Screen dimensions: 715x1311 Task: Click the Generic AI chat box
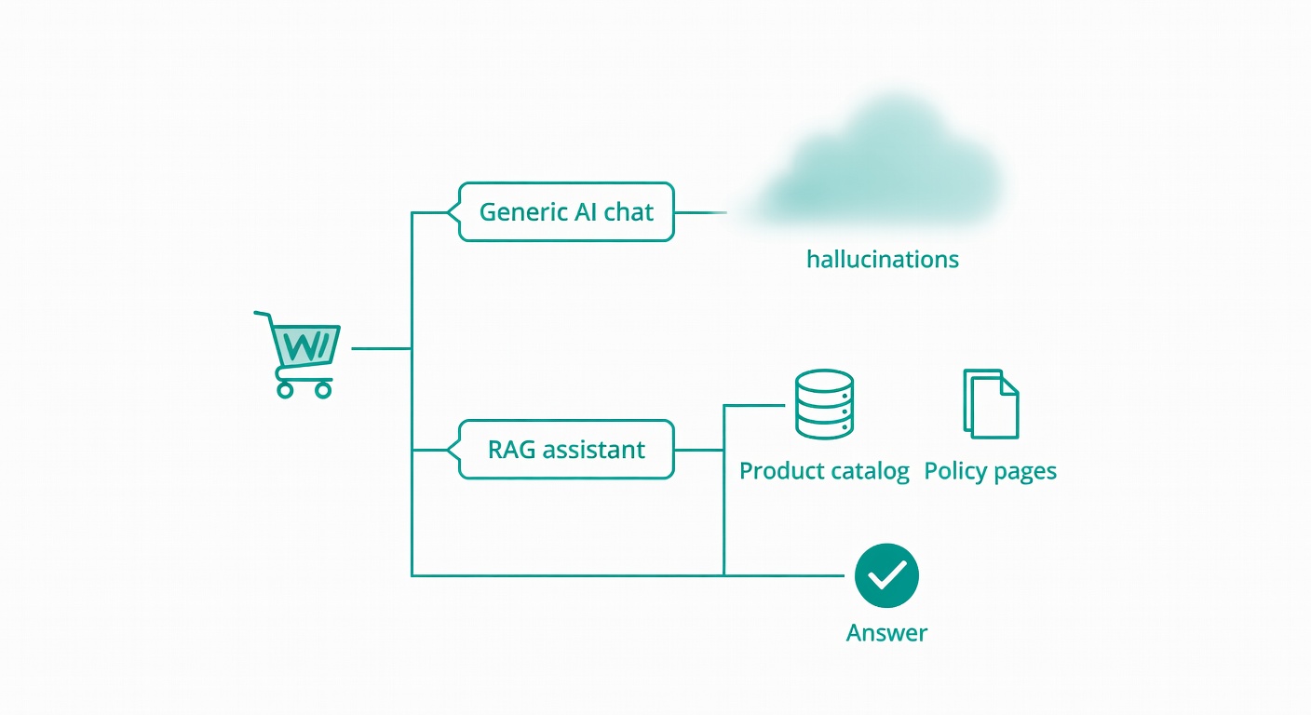coord(566,212)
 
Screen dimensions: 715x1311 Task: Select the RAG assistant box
coord(566,450)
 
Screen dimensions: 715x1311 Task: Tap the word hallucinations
coord(882,259)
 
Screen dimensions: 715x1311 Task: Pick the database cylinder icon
coord(824,404)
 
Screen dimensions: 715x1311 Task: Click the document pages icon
coord(991,403)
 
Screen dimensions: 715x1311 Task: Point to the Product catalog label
coord(823,471)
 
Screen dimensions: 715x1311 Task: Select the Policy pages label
coord(990,471)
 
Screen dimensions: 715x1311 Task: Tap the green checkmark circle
coord(886,575)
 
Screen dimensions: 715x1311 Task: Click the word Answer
coord(886,633)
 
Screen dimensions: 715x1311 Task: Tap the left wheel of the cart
coord(285,390)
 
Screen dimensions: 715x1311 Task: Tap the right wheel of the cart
coord(323,390)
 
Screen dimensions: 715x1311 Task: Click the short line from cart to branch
coord(381,348)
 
